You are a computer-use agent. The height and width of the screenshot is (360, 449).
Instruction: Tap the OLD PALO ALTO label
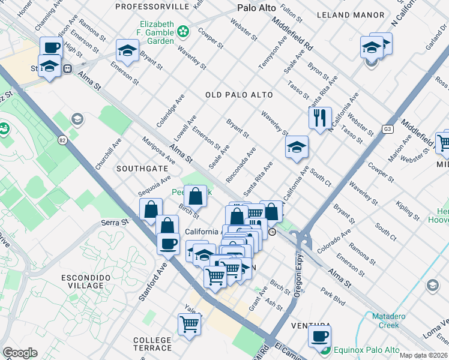coord(239,95)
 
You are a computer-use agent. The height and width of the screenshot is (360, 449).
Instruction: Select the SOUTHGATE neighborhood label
coord(142,169)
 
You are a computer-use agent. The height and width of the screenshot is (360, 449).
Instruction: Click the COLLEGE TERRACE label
coord(152,344)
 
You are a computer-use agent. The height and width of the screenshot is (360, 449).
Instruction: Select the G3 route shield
coord(388,128)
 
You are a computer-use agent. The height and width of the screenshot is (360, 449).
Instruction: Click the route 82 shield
coord(62,140)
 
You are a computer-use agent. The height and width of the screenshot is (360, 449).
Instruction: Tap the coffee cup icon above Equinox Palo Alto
coord(319,336)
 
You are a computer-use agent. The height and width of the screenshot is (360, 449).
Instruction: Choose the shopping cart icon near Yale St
coord(189,323)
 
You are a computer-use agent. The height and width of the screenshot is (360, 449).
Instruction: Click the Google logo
coord(20,353)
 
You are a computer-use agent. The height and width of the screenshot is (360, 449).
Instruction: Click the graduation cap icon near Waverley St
coord(296,148)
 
